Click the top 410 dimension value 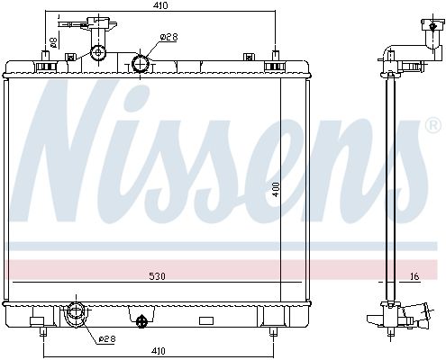coord(159,5)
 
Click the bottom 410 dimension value coord(158,350)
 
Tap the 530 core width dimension coord(157,276)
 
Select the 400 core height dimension coord(276,189)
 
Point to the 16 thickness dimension coord(414,276)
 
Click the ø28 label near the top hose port coord(168,37)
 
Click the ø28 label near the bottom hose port coord(107,339)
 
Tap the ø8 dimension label coord(53,42)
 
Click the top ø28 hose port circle coord(141,64)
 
